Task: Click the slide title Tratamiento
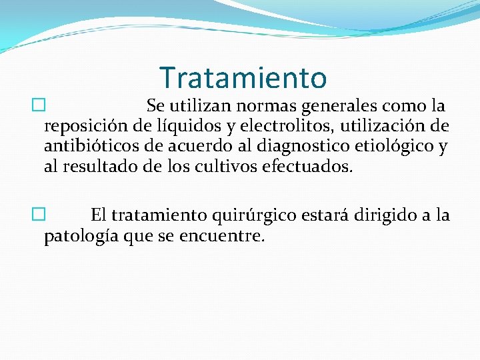(243, 78)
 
